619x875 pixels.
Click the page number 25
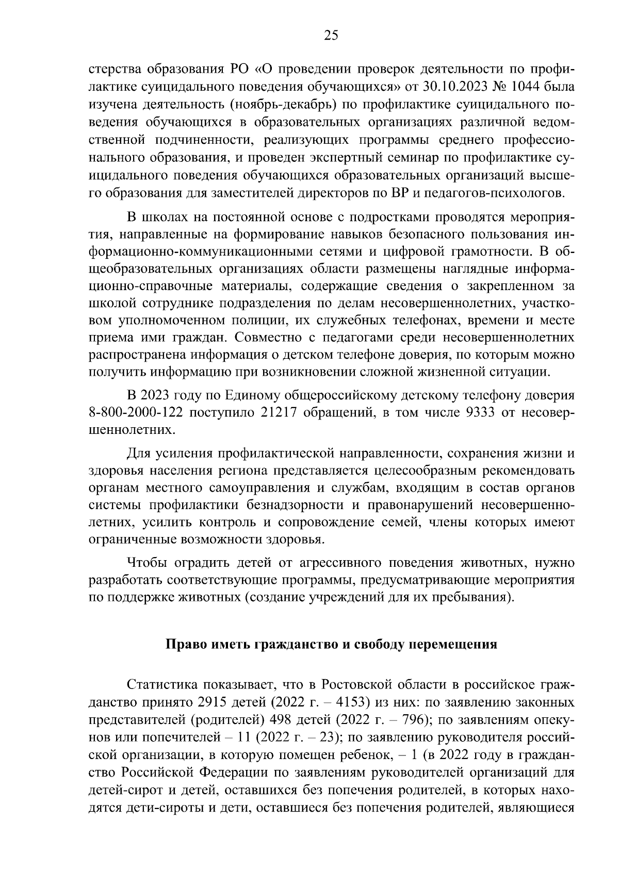331,36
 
